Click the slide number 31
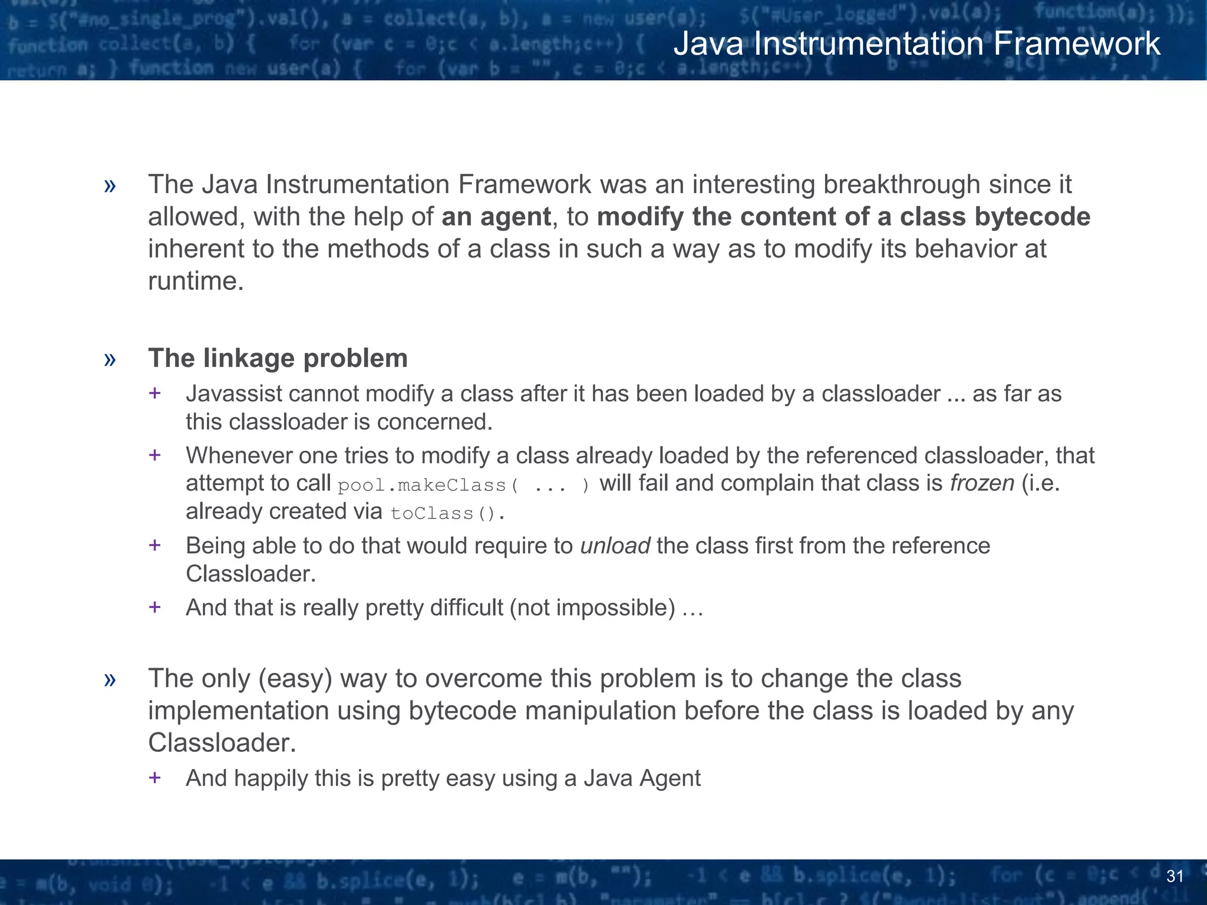pyautogui.click(x=1175, y=876)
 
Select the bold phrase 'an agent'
pyautogui.click(x=496, y=217)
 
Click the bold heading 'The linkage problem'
pyautogui.click(x=278, y=358)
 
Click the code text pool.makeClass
pyautogui.click(x=423, y=485)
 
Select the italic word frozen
pyautogui.click(x=982, y=483)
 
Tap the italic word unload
pyautogui.click(x=615, y=546)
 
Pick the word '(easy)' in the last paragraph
pyautogui.click(x=295, y=679)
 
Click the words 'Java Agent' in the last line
pyautogui.click(x=642, y=778)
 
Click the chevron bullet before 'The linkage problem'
pyautogui.click(x=110, y=359)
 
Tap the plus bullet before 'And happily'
pyautogui.click(x=155, y=778)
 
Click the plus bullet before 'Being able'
pyautogui.click(x=155, y=545)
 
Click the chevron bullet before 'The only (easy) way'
pyautogui.click(x=110, y=679)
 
